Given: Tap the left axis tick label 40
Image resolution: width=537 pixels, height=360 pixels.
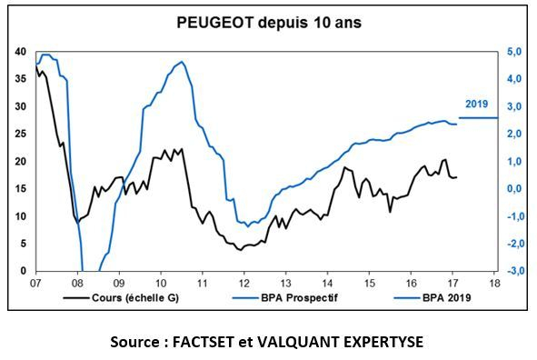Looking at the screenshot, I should point(21,52).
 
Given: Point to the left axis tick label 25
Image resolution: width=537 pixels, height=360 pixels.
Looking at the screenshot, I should point(21,135).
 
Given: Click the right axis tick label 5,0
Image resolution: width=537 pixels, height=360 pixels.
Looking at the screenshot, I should point(513,52).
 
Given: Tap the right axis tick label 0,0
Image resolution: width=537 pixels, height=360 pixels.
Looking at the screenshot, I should point(513,189).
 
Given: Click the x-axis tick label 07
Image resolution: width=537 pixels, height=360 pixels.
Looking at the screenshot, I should point(35,283).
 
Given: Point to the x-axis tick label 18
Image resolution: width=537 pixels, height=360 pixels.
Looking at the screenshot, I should point(494,283).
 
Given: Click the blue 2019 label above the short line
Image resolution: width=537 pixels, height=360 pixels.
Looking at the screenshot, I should point(477,104).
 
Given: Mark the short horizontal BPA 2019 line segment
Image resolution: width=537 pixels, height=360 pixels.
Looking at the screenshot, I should point(479,117).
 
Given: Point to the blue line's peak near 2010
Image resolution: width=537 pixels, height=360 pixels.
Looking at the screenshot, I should point(183,62).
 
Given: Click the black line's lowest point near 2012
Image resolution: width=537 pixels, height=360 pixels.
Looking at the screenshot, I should point(240,250).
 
